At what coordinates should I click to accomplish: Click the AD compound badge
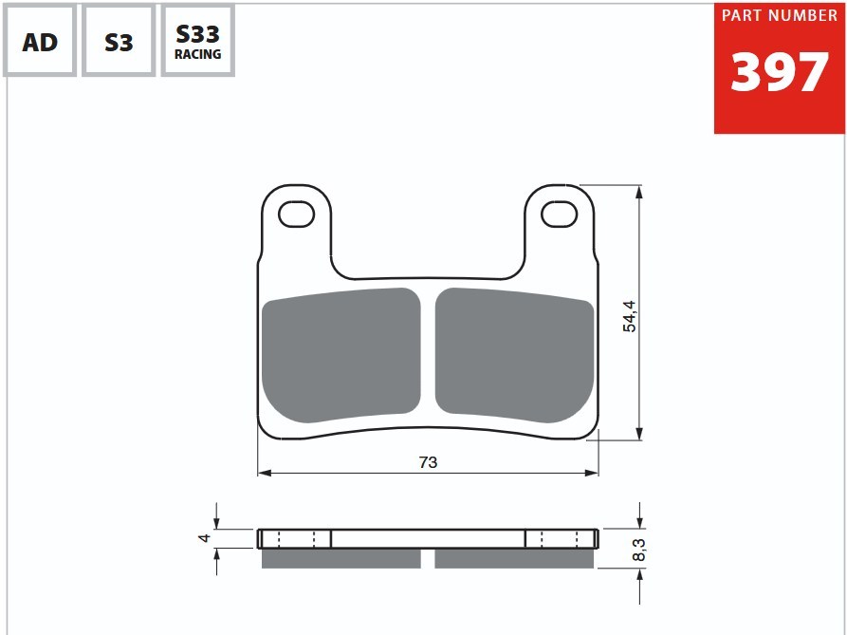(40, 41)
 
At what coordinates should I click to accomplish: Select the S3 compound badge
(119, 41)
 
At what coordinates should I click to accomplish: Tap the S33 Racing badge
(197, 41)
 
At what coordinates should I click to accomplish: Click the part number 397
(779, 72)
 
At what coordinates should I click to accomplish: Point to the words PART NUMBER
(780, 16)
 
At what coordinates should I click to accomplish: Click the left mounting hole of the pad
(297, 214)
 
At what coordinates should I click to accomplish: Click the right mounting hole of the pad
(559, 214)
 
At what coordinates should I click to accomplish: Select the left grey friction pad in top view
(341, 355)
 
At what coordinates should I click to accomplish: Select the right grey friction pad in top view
(514, 355)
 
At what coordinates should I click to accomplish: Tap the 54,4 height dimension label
(629, 316)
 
